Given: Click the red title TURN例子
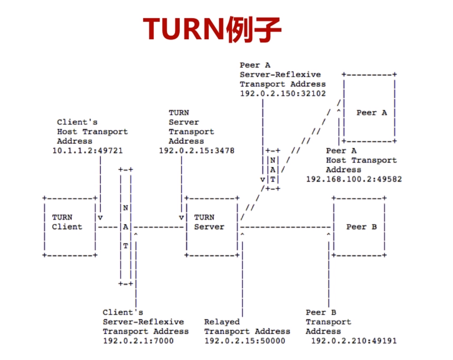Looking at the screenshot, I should point(212,29).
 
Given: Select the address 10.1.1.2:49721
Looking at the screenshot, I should point(87,151).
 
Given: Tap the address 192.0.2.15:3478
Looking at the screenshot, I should point(196,151).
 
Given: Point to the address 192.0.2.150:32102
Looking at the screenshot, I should point(283,94).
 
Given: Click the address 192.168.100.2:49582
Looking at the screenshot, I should point(354,179).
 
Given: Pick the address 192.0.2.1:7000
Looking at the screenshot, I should point(138,341).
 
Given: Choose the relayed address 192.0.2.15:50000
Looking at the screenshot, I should point(245,341).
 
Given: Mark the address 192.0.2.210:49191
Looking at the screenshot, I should point(354,341).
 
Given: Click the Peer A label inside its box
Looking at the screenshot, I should point(372,113).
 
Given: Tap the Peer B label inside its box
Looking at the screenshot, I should point(361,227).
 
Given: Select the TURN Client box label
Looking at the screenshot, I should point(67,222).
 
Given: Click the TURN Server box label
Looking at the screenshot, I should point(209,222).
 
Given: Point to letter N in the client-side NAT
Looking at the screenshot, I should point(125,208).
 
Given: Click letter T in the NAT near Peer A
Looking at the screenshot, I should point(273,179).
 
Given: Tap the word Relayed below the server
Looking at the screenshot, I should point(222,322).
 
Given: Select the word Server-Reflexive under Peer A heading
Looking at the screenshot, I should point(280,75).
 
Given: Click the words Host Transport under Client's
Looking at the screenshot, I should point(92,132).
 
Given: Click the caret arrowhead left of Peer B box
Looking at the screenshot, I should point(328,235).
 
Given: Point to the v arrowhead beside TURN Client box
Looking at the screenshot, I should point(100,217).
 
